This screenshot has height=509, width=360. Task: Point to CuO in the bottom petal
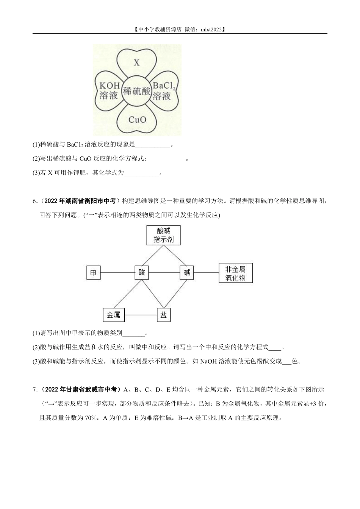[137, 120]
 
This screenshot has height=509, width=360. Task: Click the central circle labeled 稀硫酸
[137, 91]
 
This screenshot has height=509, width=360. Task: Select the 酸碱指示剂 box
[164, 235]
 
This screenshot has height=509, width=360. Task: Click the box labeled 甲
[94, 273]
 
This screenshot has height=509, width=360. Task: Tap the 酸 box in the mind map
[142, 273]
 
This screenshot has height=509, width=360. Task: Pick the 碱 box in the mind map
[187, 273]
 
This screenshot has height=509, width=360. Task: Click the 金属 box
[114, 315]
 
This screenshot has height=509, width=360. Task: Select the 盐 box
[164, 315]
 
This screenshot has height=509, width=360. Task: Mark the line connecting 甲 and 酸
[118, 273]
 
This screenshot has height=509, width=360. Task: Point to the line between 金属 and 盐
[141, 315]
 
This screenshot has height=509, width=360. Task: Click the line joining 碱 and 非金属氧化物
[206, 273]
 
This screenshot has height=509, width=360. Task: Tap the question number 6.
[34, 201]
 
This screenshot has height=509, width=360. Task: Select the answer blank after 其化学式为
[141, 173]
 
